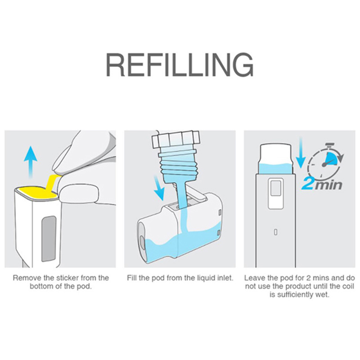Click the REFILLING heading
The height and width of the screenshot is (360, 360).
point(180,64)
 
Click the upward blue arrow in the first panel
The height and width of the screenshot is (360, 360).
point(31,162)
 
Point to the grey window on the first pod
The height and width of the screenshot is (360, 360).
point(49,238)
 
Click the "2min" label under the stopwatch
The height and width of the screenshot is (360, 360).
point(322,184)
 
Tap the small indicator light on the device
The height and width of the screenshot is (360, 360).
point(276,232)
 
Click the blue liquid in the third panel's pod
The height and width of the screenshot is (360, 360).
point(276,168)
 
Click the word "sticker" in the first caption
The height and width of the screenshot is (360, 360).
point(67,278)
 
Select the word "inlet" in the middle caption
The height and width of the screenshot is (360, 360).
point(224,278)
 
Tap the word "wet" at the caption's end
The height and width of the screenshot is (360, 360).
point(323,295)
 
